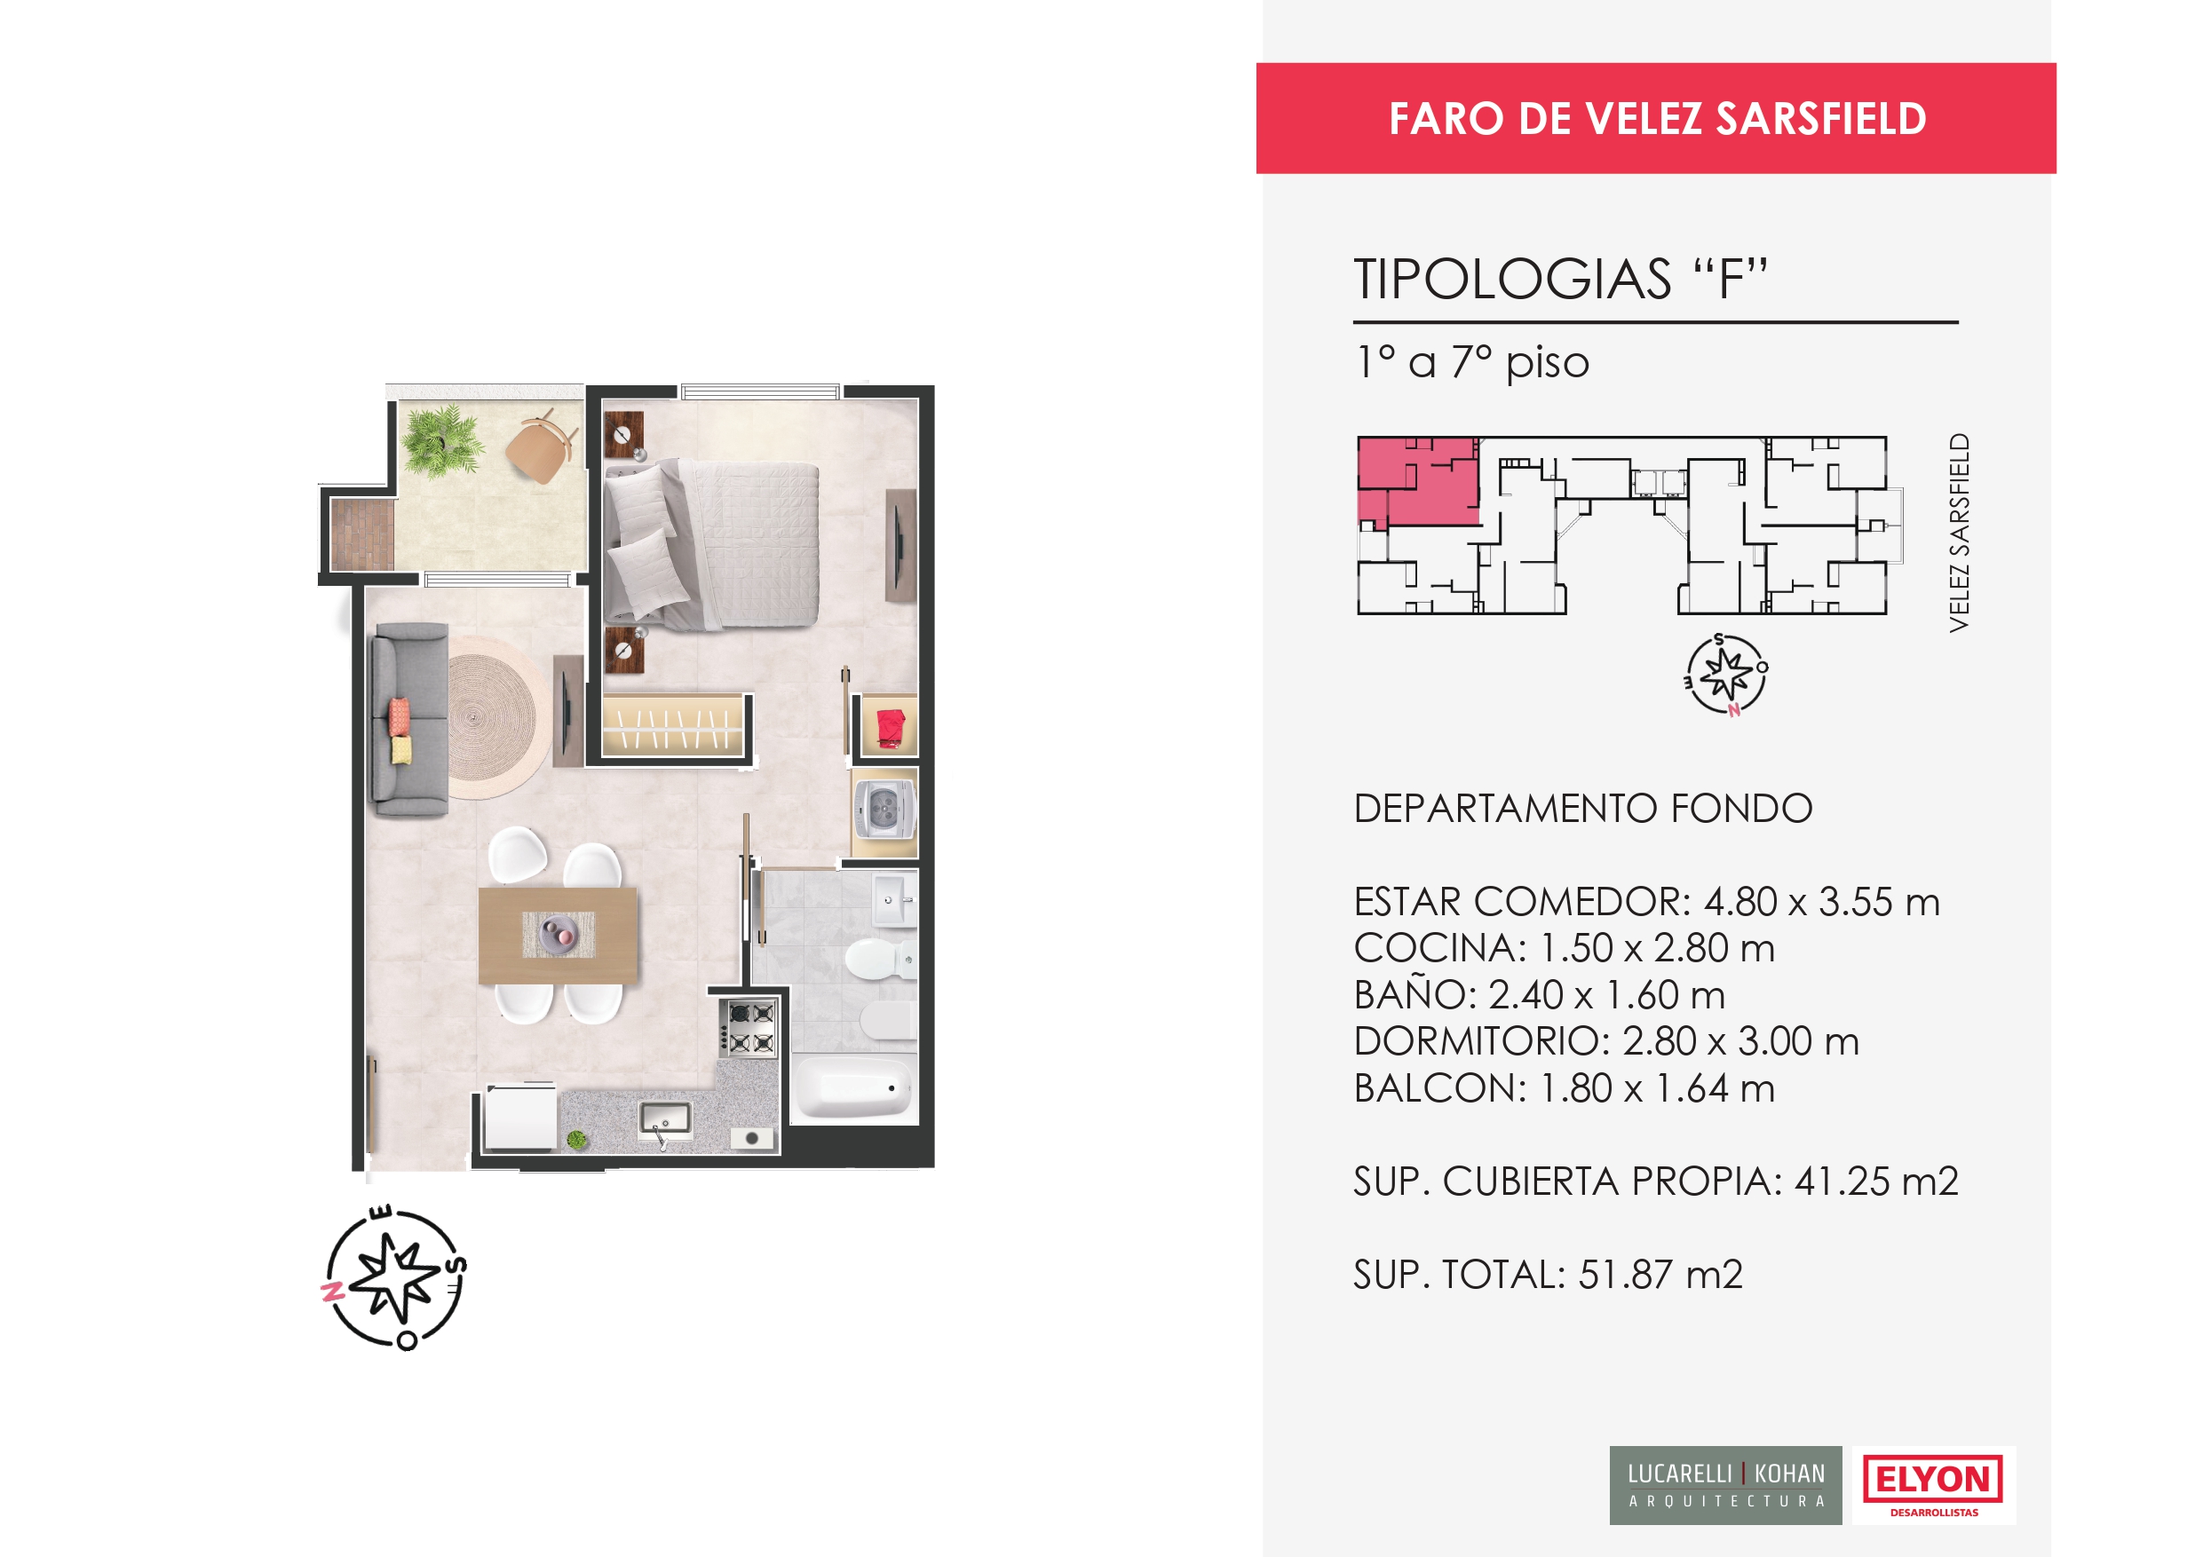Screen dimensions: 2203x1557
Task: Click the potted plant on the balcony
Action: [440, 441]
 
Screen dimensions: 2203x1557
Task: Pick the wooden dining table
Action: [558, 935]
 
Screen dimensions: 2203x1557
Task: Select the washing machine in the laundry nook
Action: [884, 810]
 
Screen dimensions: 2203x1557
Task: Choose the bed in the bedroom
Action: [711, 544]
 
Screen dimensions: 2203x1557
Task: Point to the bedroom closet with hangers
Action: [674, 725]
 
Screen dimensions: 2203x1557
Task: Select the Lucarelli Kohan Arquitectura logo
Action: [1725, 1485]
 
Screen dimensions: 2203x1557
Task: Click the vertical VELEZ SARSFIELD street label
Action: [1958, 533]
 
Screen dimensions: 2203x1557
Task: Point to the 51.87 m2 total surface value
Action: [1660, 1275]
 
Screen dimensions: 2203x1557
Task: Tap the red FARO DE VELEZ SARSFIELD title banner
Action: [1656, 118]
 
